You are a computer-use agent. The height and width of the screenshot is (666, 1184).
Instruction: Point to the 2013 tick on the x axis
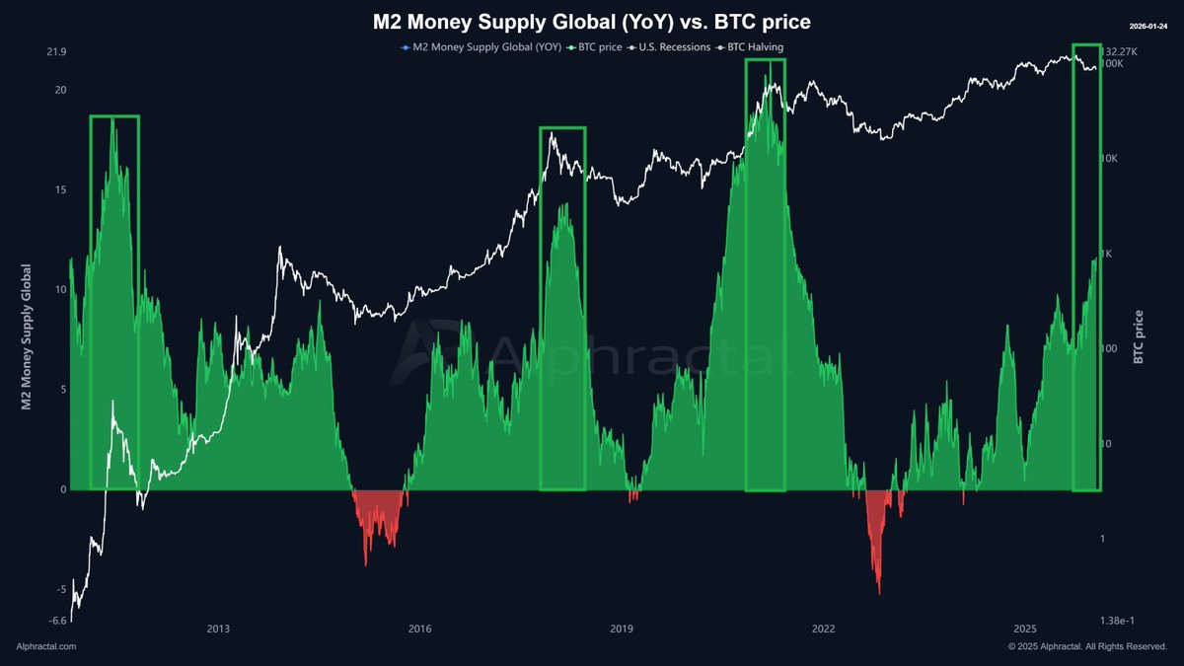tap(218, 629)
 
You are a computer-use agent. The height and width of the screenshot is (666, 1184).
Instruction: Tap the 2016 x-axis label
tap(419, 629)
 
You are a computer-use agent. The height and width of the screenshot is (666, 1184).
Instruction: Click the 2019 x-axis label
tap(622, 629)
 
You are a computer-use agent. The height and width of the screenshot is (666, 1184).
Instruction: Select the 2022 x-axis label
tap(823, 629)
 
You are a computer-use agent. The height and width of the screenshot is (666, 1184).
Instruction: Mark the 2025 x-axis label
tap(1025, 629)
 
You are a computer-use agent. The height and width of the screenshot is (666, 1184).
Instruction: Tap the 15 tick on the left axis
tap(60, 189)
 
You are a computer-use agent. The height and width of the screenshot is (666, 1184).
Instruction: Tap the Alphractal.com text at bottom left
tap(46, 646)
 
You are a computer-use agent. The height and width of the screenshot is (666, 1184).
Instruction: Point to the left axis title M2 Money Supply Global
tap(27, 336)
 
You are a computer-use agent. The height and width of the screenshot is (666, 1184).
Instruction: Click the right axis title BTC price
tap(1139, 336)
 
